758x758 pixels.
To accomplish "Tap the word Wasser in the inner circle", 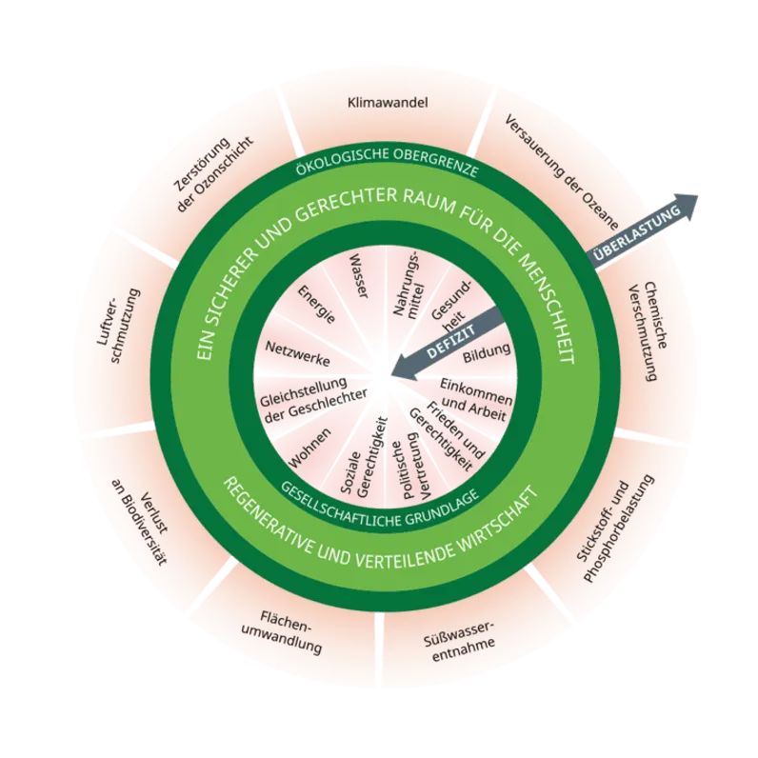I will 358,276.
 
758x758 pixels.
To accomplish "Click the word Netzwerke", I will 298,353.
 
